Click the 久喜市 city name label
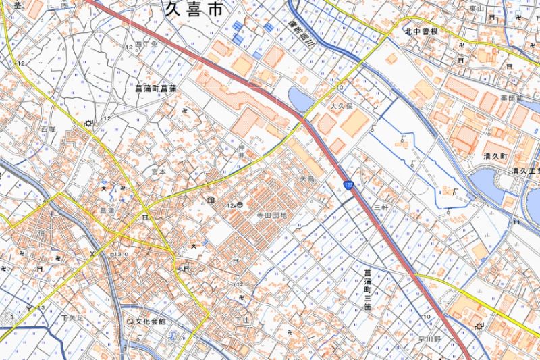[x=196, y=9]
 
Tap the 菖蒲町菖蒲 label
[x=155, y=88]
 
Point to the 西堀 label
[x=48, y=128]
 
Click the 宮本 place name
[x=158, y=172]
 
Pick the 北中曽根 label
[x=422, y=32]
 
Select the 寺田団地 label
[x=271, y=215]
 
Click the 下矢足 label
[x=71, y=317]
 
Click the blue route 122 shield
[x=348, y=185]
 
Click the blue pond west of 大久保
[x=300, y=100]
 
